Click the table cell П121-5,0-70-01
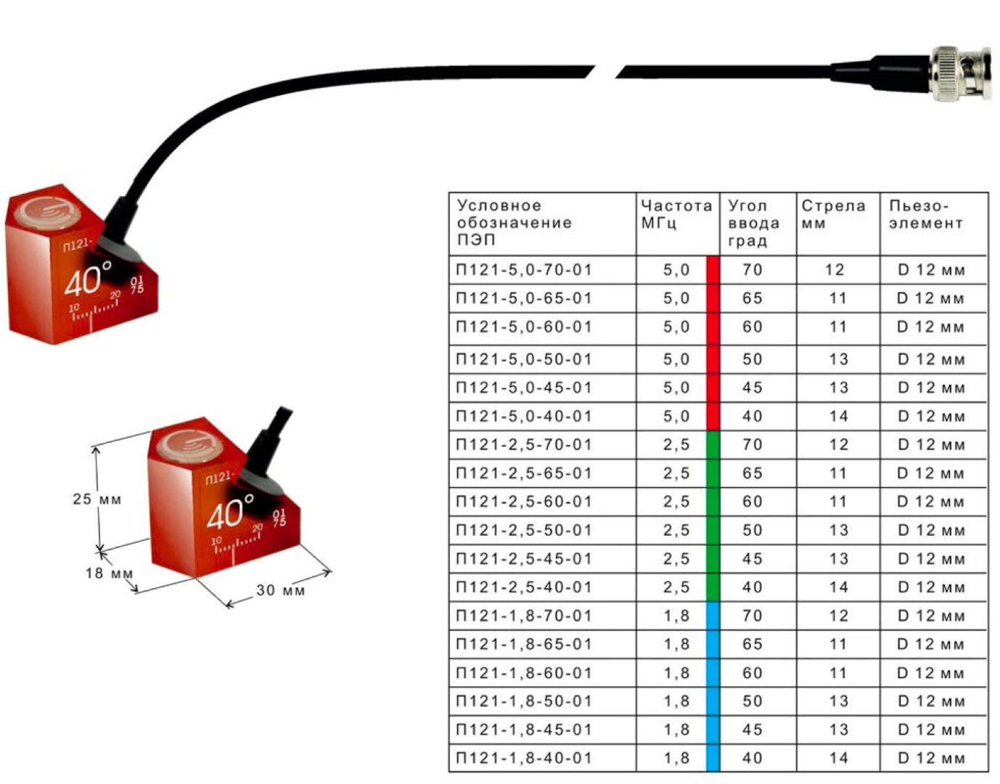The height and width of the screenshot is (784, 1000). tap(524, 270)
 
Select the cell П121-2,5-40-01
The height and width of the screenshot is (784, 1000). tap(524, 587)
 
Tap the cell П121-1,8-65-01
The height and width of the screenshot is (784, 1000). tap(524, 645)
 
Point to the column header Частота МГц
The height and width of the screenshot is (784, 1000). tap(676, 214)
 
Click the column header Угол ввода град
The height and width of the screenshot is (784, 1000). tap(754, 223)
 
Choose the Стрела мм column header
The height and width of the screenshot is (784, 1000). tap(833, 214)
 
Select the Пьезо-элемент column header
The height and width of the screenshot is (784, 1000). tap(926, 214)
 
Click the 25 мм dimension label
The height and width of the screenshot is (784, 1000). tap(97, 499)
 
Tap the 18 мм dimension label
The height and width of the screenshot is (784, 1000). tap(109, 573)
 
